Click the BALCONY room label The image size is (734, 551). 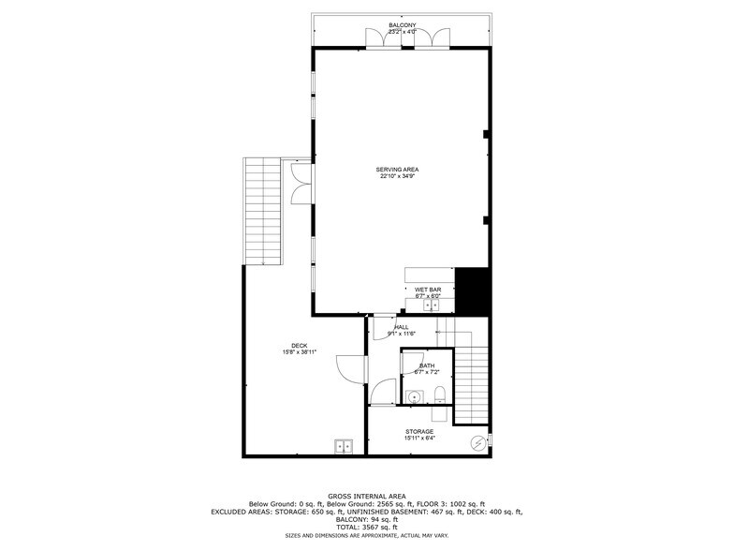(x=403, y=24)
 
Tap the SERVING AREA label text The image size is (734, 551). (x=398, y=170)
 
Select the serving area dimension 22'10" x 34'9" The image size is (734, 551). (x=398, y=176)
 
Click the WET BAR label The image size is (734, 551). (x=428, y=290)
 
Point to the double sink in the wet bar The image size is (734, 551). (x=432, y=305)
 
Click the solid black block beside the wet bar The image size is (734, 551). (x=473, y=291)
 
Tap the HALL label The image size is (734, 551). (x=401, y=326)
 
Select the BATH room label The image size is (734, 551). (x=427, y=365)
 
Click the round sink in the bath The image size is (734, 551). (x=413, y=396)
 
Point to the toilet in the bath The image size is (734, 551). (x=439, y=395)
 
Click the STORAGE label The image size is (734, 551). (x=418, y=431)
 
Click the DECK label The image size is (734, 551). (x=300, y=345)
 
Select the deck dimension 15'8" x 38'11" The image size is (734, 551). (x=300, y=352)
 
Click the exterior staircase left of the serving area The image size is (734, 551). (x=262, y=211)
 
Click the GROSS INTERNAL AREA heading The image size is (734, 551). (x=366, y=496)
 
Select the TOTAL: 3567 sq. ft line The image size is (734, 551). (x=366, y=526)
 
